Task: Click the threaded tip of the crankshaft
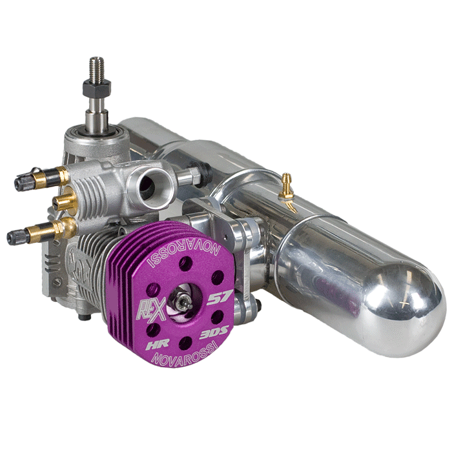click(97, 68)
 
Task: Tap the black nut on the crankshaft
click(97, 87)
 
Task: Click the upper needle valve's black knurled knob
click(23, 183)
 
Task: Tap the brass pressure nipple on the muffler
click(287, 187)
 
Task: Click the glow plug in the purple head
click(182, 303)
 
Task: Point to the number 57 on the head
click(220, 298)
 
